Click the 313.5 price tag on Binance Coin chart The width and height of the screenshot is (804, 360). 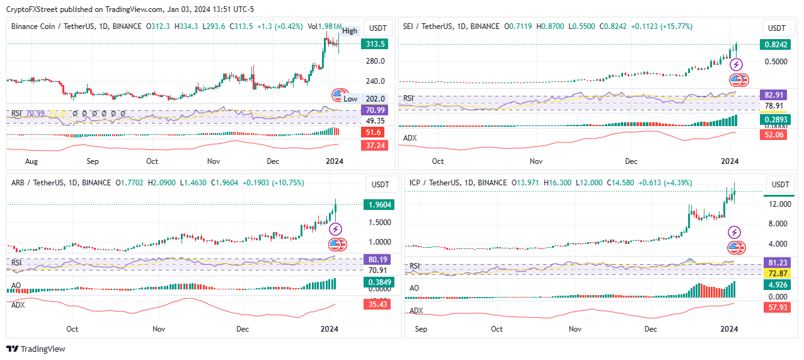[374, 44]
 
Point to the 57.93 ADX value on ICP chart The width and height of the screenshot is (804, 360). [779, 308]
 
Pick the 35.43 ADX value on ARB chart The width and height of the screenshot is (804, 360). [377, 305]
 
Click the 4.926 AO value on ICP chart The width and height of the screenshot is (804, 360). [779, 284]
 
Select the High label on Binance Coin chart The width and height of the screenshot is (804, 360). [350, 31]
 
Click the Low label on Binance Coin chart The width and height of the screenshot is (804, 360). [350, 99]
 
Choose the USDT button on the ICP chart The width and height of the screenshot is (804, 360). [780, 185]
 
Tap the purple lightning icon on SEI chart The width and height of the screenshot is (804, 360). [737, 64]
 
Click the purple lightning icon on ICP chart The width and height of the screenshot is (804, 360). [735, 233]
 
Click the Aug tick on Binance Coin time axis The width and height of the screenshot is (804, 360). [32, 161]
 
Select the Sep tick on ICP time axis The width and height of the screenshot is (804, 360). [421, 328]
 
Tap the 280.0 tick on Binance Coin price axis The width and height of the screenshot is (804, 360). [375, 61]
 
